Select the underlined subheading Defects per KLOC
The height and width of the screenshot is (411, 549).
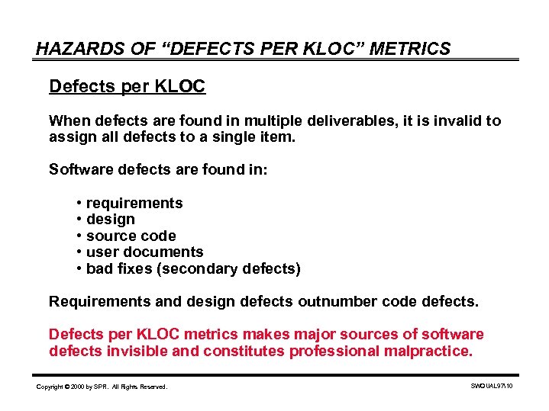click(127, 86)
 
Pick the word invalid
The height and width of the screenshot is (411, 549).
click(457, 120)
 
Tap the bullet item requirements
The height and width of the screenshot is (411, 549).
click(134, 203)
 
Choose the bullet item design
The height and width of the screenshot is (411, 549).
click(111, 220)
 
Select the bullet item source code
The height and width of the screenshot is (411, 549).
click(131, 236)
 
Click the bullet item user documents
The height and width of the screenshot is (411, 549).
click(145, 252)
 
